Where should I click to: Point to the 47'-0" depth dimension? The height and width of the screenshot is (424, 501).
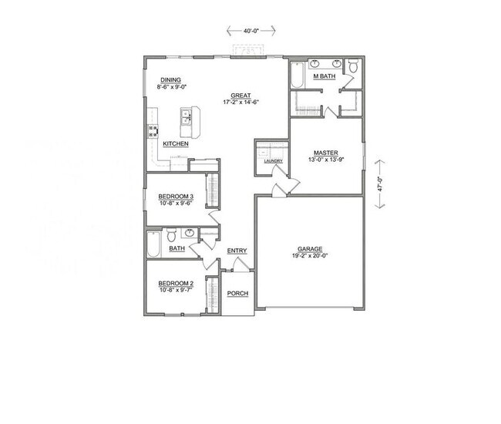[x=378, y=184]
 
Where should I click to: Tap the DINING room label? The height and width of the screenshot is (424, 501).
[x=170, y=80]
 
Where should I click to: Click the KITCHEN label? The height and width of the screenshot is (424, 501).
[x=175, y=144]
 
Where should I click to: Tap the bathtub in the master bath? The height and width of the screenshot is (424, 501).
[x=298, y=76]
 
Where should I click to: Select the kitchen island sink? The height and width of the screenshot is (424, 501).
[x=186, y=118]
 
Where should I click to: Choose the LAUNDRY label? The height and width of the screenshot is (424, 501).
[x=273, y=161]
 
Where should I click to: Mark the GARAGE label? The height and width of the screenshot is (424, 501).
[x=309, y=249]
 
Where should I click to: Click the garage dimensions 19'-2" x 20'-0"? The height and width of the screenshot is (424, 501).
[x=309, y=257]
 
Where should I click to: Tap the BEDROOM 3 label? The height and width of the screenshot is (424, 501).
[x=175, y=197]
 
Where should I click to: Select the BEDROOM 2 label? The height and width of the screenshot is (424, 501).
[x=175, y=284]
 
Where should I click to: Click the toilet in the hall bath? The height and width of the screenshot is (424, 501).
[x=173, y=234]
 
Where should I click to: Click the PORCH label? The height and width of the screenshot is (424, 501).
[x=237, y=293]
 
